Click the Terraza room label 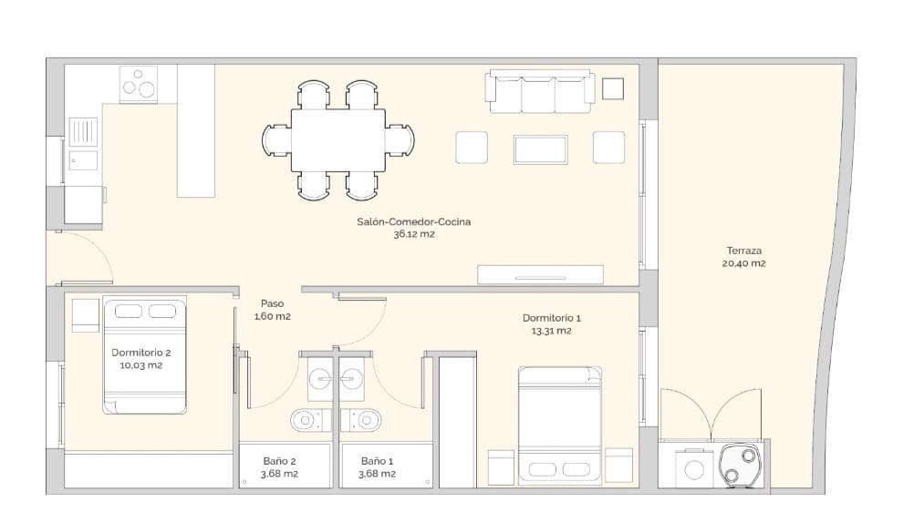pyautogui.click(x=744, y=251)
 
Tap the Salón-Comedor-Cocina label pyautogui.click(x=413, y=221)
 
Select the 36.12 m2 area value pyautogui.click(x=413, y=234)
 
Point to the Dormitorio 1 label pyautogui.click(x=551, y=318)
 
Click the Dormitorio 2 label pyautogui.click(x=141, y=353)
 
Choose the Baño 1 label pyautogui.click(x=377, y=461)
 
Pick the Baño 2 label pyautogui.click(x=280, y=461)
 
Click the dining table pyautogui.click(x=338, y=139)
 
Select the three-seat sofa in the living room pyautogui.click(x=542, y=92)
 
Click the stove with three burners pyautogui.click(x=140, y=85)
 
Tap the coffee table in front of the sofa pyautogui.click(x=541, y=149)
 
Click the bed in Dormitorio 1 pyautogui.click(x=560, y=425)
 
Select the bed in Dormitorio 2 pyautogui.click(x=145, y=354)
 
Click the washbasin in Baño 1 pyautogui.click(x=354, y=374)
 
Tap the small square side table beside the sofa pyautogui.click(x=613, y=88)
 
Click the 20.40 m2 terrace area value pyautogui.click(x=744, y=264)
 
